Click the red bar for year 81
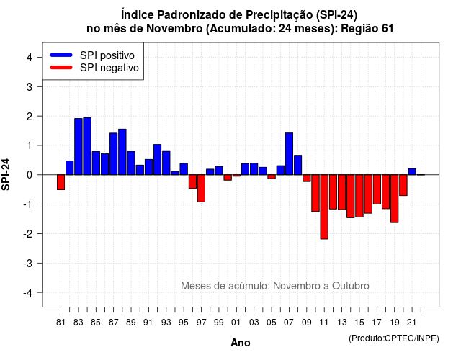(61, 182)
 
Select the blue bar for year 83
(79, 147)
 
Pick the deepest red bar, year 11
(324, 207)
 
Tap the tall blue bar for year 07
(289, 153)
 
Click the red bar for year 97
(202, 189)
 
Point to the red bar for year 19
(395, 199)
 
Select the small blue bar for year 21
(412, 171)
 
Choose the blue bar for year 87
(114, 153)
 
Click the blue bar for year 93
(166, 163)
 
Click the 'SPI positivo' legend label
(107, 55)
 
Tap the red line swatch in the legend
(61, 68)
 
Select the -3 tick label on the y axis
(28, 264)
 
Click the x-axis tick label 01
(236, 323)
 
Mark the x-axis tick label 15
(359, 323)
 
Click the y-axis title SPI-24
(6, 174)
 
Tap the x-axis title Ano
(241, 343)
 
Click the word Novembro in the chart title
(174, 29)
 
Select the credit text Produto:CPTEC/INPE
(394, 338)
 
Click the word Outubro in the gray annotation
(351, 286)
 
